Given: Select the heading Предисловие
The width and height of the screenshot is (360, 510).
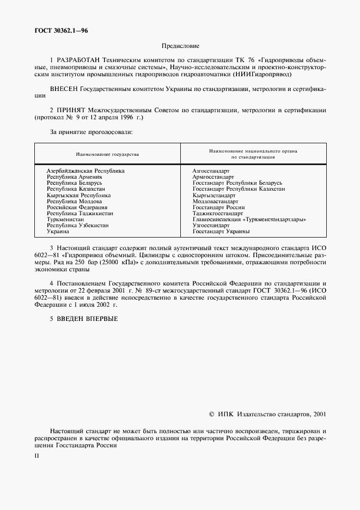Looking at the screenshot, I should tap(180, 47).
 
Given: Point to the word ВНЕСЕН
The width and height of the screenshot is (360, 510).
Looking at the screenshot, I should tap(63, 88).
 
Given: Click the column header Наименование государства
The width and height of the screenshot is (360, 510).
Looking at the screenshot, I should tap(107, 154).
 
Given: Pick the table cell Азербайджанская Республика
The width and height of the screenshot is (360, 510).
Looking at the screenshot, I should tap(86, 171).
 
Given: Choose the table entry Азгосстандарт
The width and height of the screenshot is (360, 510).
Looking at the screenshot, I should tap(211, 171).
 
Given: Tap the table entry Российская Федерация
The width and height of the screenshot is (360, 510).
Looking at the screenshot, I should tap(77, 208).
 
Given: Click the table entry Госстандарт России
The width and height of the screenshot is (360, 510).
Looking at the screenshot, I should tap(218, 208).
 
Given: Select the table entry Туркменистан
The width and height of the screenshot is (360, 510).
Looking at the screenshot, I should tap(65, 220).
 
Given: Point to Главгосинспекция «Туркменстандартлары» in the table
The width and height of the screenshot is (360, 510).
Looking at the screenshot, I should tap(249, 220).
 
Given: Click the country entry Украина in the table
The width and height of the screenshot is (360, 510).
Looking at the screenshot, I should tap(58, 232).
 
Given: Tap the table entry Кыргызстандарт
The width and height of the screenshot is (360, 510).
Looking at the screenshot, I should tap(214, 195).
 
